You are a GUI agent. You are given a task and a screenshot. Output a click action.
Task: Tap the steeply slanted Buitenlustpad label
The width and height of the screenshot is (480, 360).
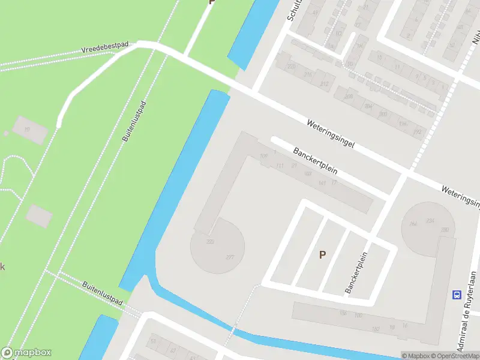tap(134, 121)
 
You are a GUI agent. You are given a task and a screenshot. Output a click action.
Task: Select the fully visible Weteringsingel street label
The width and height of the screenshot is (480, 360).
tap(331, 136)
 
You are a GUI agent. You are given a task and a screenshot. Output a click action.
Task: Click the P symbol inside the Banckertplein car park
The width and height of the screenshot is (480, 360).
tap(322, 254)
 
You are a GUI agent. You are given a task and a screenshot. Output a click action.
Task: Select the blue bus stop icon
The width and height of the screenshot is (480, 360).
tap(457, 295)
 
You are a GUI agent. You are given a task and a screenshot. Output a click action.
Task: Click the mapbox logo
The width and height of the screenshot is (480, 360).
tap(26, 353)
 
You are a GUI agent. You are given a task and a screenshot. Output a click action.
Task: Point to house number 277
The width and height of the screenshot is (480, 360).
tap(230, 257)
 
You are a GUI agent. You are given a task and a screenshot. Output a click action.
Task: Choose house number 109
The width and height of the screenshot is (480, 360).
tap(263, 157)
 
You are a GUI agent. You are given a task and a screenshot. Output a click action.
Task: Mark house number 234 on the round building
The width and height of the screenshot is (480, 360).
tap(430, 221)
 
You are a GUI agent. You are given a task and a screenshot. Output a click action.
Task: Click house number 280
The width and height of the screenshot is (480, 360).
tap(445, 230)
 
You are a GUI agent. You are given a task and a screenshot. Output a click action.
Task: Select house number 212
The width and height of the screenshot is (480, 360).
tap(324, 84)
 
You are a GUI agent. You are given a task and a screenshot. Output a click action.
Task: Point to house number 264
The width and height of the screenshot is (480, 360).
tap(413, 224)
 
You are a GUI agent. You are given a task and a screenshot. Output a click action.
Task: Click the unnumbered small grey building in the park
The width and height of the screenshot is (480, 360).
tap(39, 215)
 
